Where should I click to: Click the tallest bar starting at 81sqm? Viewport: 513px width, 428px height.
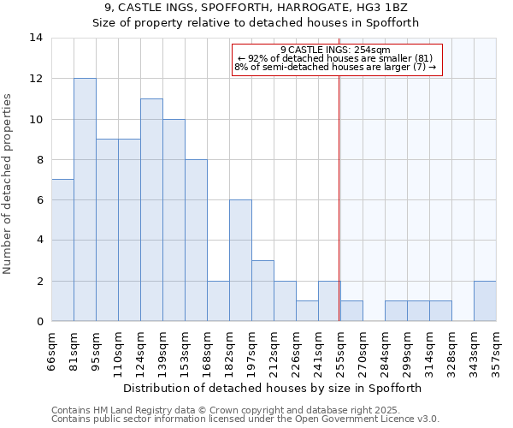pos(85,199)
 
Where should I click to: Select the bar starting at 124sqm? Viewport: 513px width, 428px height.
pos(151,210)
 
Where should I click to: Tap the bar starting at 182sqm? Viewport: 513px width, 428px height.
pos(240,260)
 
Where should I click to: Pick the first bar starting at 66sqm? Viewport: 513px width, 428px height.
pos(62,250)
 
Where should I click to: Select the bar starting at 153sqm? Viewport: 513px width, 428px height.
pos(196,240)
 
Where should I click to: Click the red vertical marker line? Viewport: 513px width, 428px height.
pos(339,188)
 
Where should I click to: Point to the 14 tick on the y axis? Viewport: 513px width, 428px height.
pos(37,38)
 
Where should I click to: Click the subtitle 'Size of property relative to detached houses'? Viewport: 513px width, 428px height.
pos(256,23)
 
